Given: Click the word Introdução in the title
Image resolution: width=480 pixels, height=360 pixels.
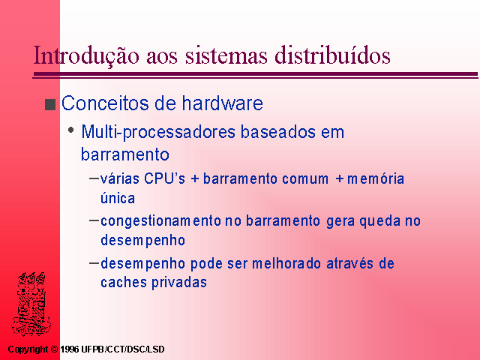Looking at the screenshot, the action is pos(86,55).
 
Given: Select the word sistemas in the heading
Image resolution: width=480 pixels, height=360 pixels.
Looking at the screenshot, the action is pos(226,55).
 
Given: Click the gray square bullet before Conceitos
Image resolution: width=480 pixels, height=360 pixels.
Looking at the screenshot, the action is pos(50,104).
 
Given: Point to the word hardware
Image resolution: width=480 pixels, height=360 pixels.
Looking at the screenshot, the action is pos(223,103).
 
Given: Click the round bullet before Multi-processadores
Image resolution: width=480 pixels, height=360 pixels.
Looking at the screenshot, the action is pos(71,130).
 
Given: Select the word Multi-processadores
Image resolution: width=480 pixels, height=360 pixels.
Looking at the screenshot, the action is pos(158,132).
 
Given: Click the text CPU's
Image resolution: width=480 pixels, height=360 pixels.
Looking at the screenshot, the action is pos(164,178).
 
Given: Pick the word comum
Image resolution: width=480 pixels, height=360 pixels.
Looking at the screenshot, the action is pos(305,178).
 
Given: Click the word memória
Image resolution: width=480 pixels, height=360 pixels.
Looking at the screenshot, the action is pos(376,178).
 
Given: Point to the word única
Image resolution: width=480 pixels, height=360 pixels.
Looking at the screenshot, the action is pos(118,198).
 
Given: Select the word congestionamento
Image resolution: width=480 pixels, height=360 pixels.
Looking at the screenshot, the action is pos(160,222).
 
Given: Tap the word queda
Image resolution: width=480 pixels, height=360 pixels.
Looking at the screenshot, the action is pos(380,222).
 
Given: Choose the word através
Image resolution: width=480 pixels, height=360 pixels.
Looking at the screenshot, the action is pos(350,263).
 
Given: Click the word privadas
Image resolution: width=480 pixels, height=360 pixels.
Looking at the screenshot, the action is pos(179,283).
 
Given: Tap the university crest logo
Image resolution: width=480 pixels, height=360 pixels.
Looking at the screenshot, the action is pos(31,304).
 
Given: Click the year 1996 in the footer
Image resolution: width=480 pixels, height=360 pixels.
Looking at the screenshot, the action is pos(70,349).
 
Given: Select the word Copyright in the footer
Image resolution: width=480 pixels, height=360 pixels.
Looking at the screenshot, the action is pos(28,349).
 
